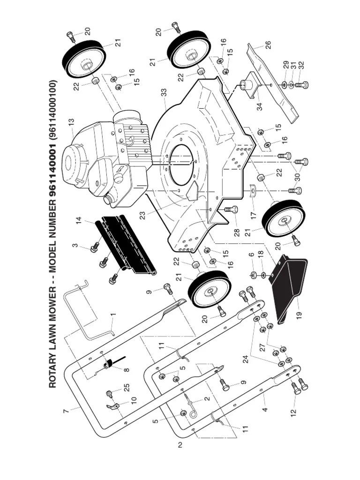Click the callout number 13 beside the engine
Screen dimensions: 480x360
71,123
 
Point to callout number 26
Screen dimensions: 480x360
268,45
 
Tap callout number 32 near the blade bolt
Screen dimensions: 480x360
301,66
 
